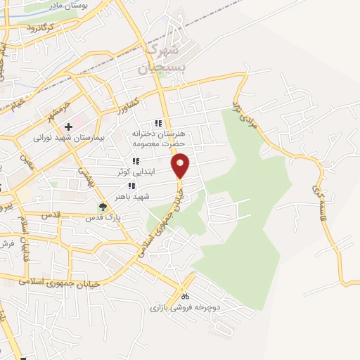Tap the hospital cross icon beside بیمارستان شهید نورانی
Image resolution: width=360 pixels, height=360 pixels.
(x=68, y=127)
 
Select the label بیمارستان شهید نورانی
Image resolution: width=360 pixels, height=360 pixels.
(x=68, y=139)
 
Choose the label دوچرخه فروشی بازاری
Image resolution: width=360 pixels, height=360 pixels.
(x=185, y=308)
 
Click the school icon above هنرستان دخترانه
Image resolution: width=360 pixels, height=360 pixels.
(x=159, y=123)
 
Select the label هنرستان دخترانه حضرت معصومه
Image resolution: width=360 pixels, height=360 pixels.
(x=157, y=139)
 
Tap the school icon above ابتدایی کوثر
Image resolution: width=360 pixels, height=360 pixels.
(x=134, y=161)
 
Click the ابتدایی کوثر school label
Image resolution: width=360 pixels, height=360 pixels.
(x=134, y=172)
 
